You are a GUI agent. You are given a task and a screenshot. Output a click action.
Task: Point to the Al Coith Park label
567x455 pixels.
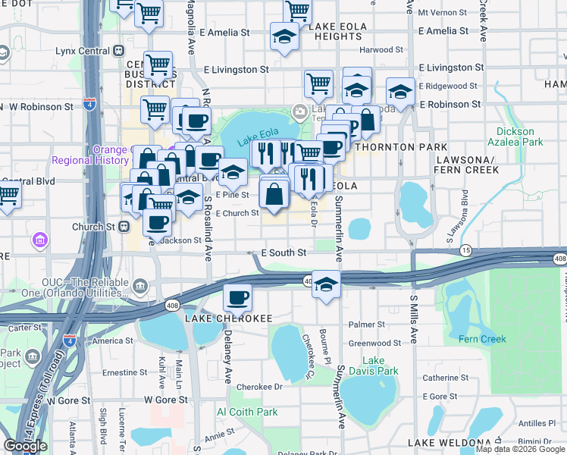coord(247,412)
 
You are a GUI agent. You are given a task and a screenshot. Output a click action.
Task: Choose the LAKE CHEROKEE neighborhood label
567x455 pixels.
coord(229,318)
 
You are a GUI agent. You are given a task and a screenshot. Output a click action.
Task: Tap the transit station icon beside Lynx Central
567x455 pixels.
coord(119,51)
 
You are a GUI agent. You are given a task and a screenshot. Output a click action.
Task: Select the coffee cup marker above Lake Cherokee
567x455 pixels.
coord(237,297)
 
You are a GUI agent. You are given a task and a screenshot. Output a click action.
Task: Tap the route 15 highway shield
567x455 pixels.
coord(466,249)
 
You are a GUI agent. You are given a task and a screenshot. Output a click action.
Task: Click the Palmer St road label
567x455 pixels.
coord(362,325)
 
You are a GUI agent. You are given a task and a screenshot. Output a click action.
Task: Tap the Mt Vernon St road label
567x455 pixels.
coord(438,13)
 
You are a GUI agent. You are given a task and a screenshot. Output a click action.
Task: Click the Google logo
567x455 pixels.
coord(26,446)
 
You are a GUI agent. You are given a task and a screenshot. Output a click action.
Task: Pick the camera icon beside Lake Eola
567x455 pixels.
coord(300,112)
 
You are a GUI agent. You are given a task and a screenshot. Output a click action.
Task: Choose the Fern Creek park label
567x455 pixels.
coord(482,338)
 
